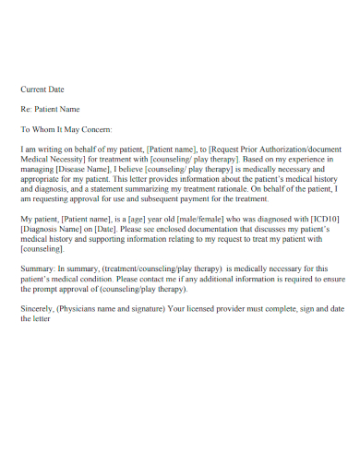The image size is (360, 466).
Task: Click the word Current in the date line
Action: click(34, 90)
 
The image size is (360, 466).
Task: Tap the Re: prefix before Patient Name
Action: click(27, 109)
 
